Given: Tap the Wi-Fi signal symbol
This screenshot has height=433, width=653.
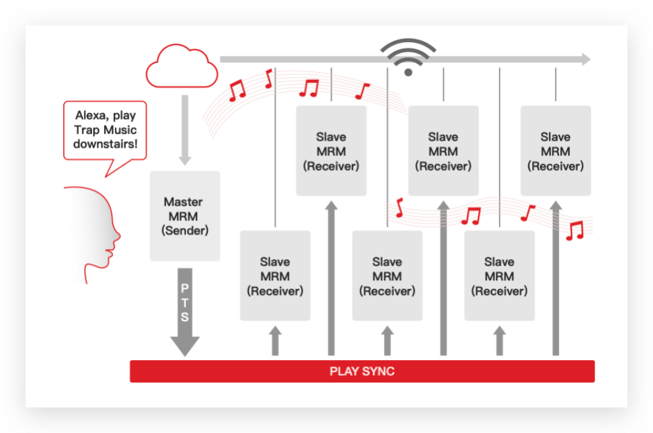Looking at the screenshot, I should point(408,55).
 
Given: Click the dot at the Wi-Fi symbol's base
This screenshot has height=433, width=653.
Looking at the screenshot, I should point(408,72).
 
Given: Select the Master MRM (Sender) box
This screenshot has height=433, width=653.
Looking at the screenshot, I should point(185,216).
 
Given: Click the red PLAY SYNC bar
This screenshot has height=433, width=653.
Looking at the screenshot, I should point(362,371).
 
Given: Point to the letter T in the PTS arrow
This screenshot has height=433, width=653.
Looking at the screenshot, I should point(185,302).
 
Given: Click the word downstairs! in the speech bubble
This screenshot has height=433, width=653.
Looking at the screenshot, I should point(105,144).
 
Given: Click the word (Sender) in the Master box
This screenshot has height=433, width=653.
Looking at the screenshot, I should point(185,230).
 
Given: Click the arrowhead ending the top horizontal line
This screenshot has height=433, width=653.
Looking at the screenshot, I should point(584,59).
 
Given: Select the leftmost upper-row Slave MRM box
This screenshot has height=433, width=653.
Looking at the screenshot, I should point(331,151).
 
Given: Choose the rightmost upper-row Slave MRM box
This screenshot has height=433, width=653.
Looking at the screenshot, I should point(556,151).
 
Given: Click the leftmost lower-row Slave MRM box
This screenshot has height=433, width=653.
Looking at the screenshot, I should point(275,276).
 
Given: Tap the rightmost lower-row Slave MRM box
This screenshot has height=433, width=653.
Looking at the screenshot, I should point(499,276).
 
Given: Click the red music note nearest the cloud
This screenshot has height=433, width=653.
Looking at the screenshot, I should point(237,90).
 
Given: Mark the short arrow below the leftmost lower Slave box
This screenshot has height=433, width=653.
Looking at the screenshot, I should point(275,340).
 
